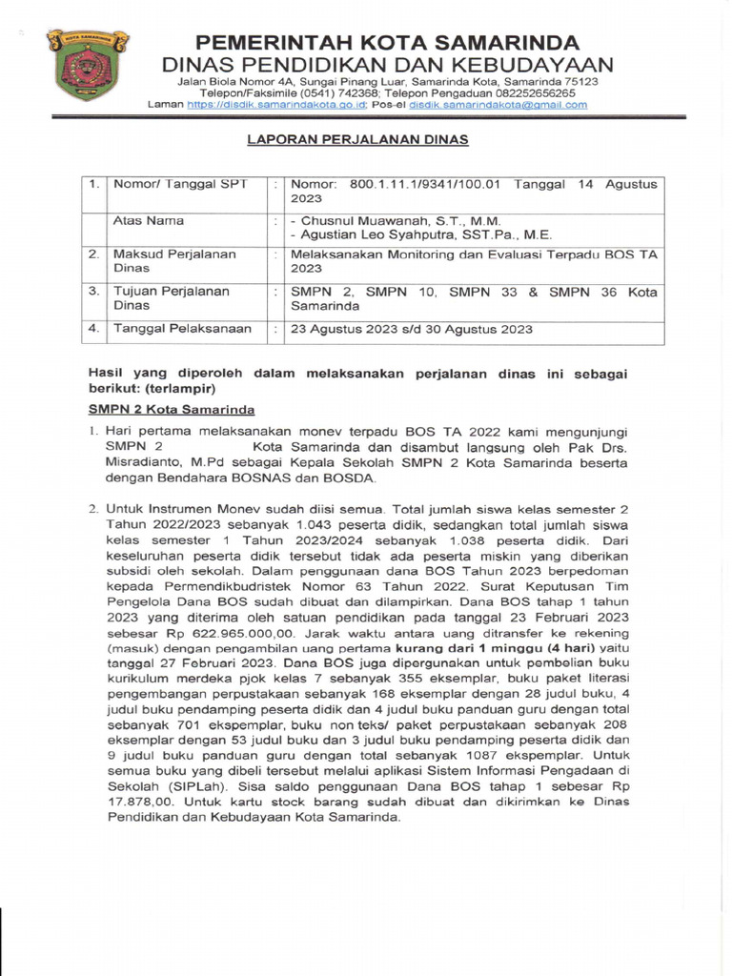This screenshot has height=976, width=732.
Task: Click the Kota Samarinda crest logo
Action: [87, 63]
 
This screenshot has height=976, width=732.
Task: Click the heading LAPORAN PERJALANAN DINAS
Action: [358, 139]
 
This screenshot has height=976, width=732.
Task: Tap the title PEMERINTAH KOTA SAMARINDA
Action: [387, 42]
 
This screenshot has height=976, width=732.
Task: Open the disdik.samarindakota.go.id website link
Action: [261, 105]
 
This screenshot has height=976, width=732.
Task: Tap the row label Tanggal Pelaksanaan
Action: [183, 329]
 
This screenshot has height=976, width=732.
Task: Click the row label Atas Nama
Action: [149, 220]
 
